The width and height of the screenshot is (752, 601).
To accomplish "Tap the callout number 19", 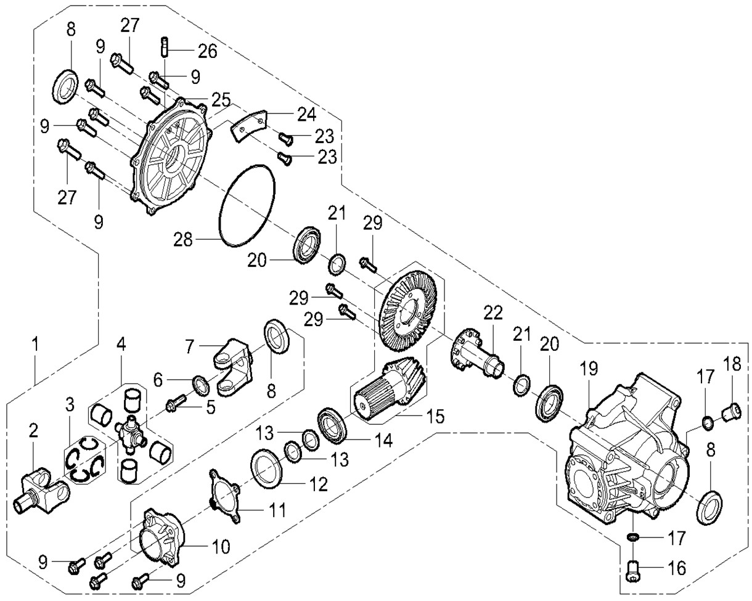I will coord(589,370).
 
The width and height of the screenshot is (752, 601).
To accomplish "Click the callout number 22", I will coord(493,313).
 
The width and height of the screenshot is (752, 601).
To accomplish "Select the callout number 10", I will coord(221,546).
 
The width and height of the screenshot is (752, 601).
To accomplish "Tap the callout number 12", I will coord(319,484).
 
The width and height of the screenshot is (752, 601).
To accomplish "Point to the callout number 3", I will coord(70,404).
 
